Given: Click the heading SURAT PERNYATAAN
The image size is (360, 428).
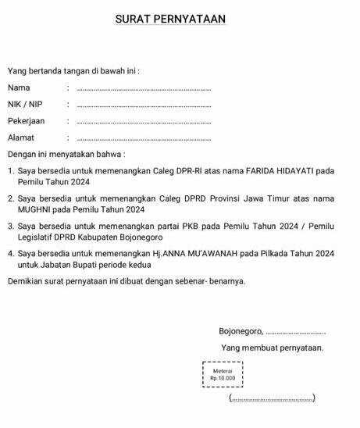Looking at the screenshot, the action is [x=170, y=19].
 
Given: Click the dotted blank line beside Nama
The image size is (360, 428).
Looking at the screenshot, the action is [x=144, y=89].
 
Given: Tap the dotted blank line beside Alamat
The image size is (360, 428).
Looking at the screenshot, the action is [x=144, y=139].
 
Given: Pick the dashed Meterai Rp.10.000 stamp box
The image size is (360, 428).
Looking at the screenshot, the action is [x=223, y=374].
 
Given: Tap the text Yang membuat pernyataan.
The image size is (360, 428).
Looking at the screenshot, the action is [x=272, y=348].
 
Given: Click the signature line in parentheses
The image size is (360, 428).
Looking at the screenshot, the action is [x=272, y=399].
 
